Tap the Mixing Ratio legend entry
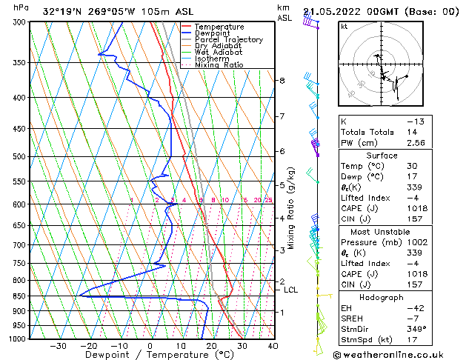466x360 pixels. click(219, 65)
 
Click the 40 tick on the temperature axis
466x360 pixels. click(273, 346)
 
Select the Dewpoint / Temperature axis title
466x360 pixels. click(148, 356)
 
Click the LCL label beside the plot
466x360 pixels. click(290, 290)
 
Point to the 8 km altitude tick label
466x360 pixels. click(282, 80)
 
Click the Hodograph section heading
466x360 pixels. click(382, 297)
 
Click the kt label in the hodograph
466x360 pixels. click(344, 26)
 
